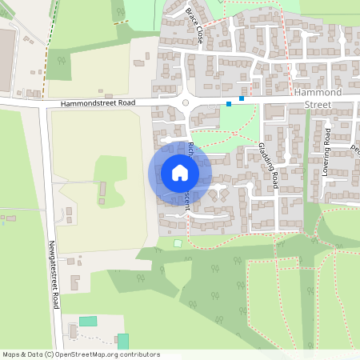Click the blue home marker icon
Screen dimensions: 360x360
(x=180, y=172)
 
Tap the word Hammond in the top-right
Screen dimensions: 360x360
(x=318, y=93)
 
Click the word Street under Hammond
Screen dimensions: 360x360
(x=318, y=103)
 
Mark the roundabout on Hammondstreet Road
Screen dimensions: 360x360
(x=186, y=102)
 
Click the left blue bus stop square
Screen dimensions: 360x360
(x=229, y=103)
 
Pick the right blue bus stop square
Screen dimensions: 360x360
(x=241, y=98)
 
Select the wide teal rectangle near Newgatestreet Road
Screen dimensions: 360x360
(x=88, y=321)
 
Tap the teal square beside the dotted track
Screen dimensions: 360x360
(x=122, y=341)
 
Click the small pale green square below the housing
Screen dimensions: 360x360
(x=178, y=242)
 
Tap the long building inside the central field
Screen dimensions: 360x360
(x=102, y=191)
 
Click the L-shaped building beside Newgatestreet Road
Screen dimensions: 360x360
(x=75, y=282)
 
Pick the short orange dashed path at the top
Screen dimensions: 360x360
(x=123, y=22)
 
